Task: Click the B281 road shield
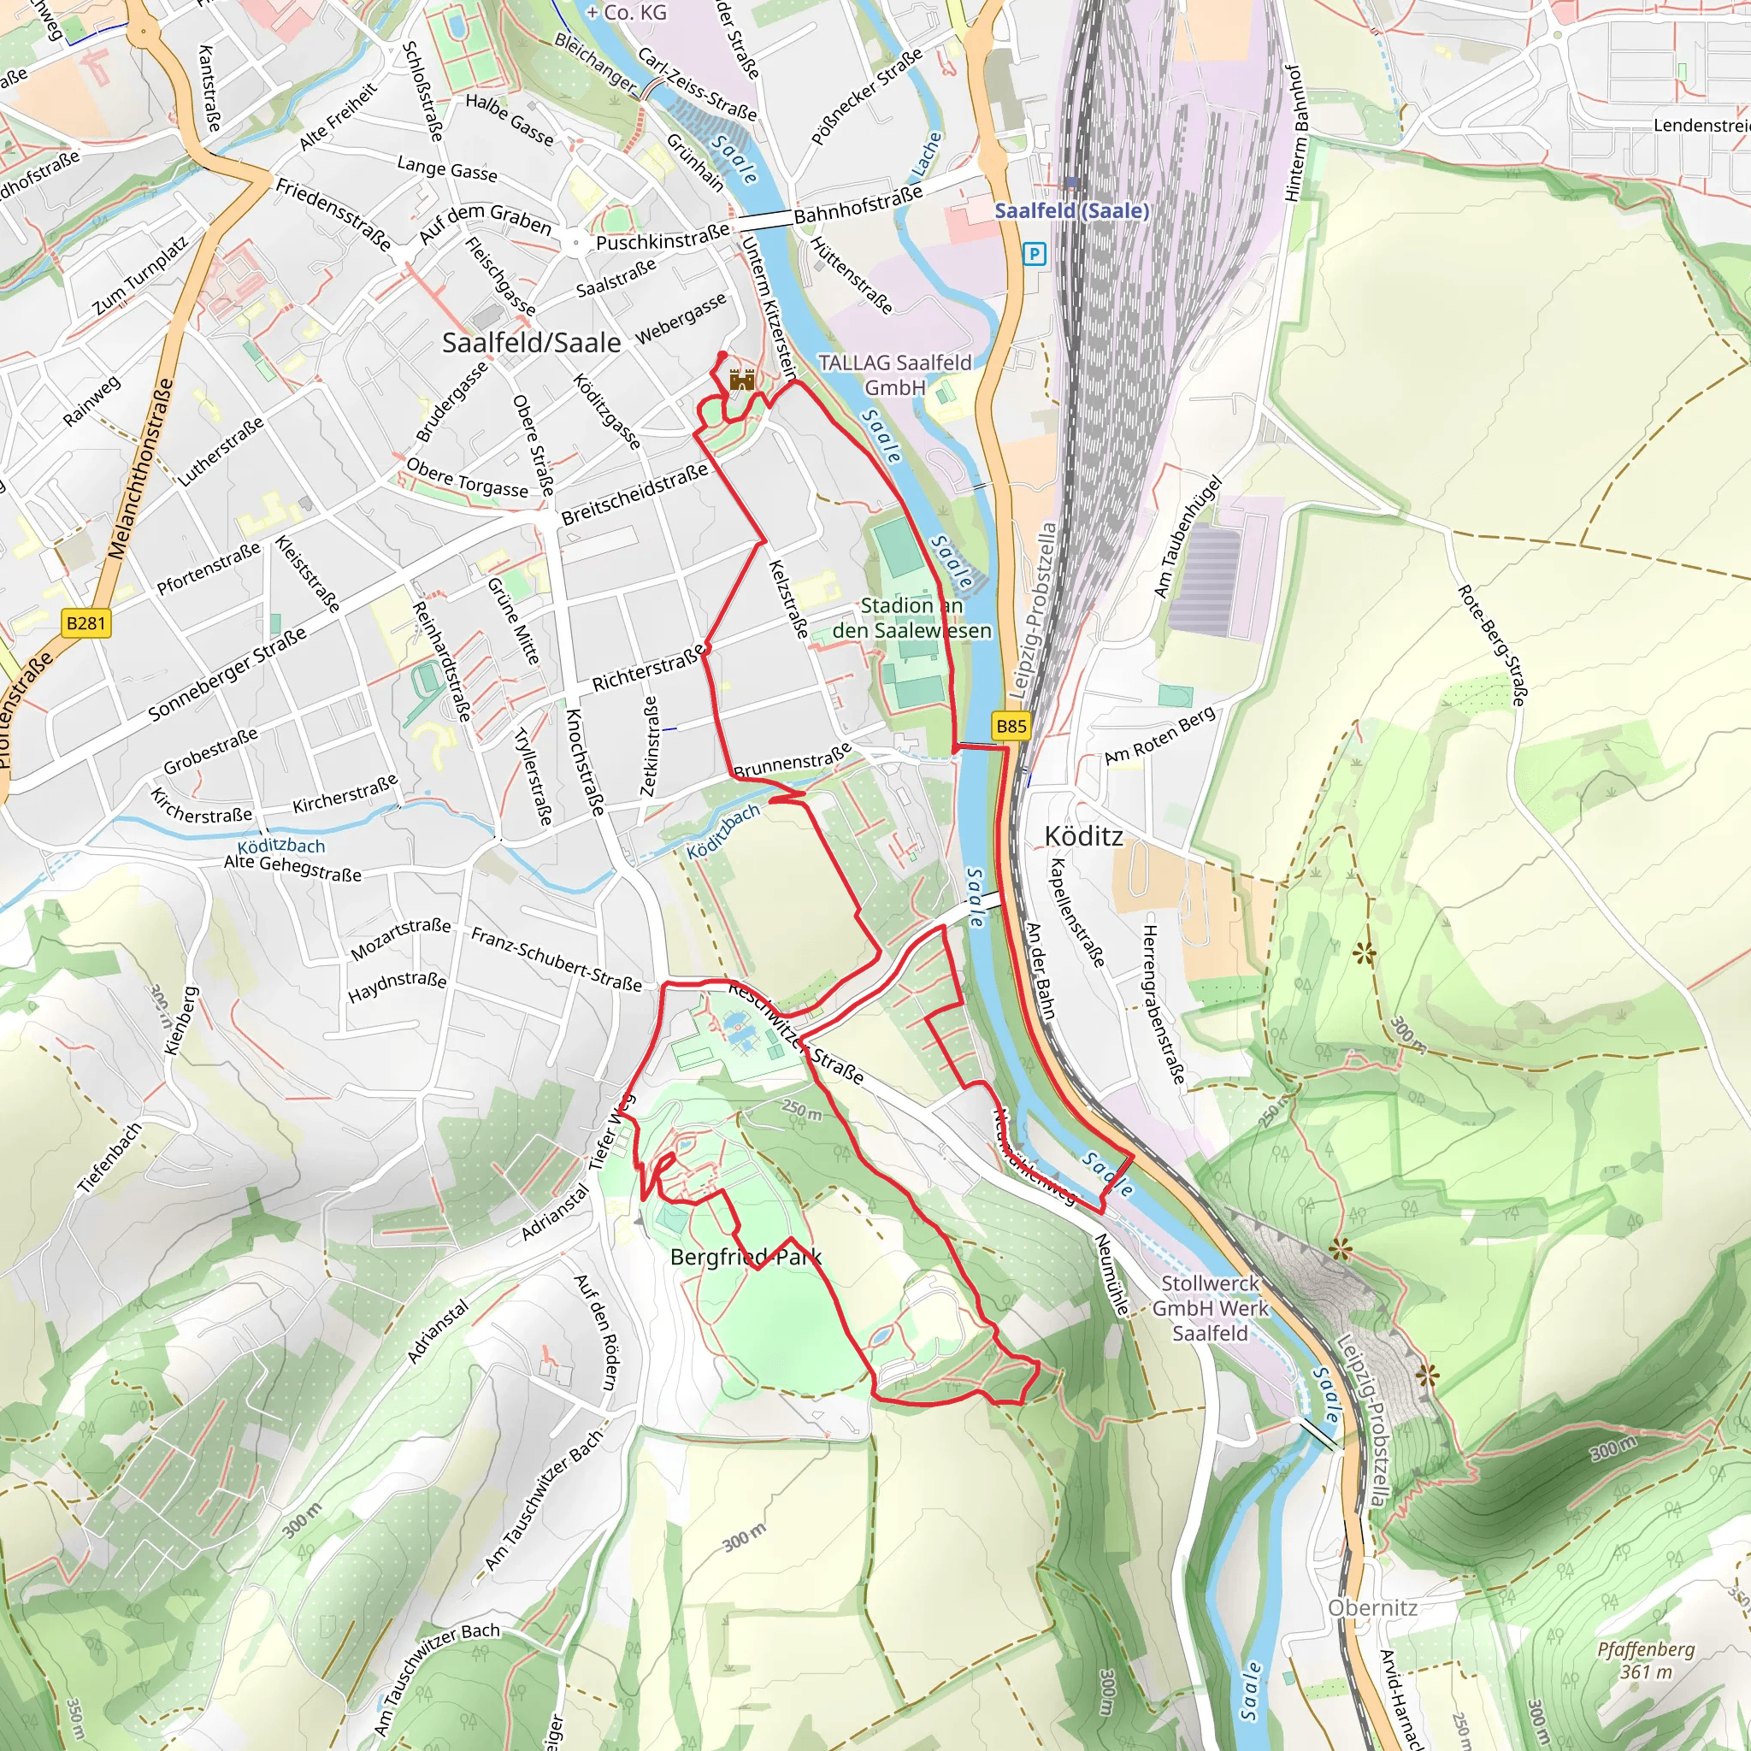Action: pyautogui.click(x=86, y=622)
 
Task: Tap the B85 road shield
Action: pyautogui.click(x=1011, y=726)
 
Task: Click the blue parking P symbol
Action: pyautogui.click(x=1035, y=254)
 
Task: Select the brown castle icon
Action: pyautogui.click(x=741, y=379)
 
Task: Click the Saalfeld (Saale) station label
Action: pyautogui.click(x=1071, y=210)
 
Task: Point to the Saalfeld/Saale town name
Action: pyautogui.click(x=531, y=343)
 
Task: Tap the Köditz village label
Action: pyautogui.click(x=1083, y=835)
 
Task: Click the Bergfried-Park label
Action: pyautogui.click(x=745, y=1256)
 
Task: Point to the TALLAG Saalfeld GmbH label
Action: pyautogui.click(x=894, y=374)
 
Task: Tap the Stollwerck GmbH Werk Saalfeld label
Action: pyautogui.click(x=1210, y=1308)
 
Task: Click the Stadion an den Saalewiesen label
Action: pyautogui.click(x=911, y=617)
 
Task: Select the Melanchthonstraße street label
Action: pyautogui.click(x=140, y=469)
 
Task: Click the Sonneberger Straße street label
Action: pyautogui.click(x=227, y=675)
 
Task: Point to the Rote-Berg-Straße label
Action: pyautogui.click(x=1492, y=646)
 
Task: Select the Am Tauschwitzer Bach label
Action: pyautogui.click(x=437, y=1677)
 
